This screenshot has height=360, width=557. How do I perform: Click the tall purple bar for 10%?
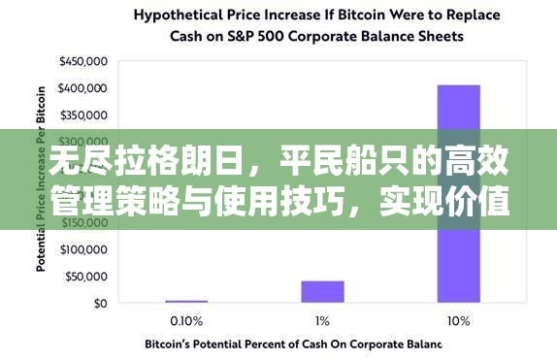[458, 193]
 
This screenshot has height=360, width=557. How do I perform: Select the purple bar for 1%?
[322, 291]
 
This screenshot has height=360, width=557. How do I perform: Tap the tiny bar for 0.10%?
[185, 301]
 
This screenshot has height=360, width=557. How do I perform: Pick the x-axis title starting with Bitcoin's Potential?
[293, 344]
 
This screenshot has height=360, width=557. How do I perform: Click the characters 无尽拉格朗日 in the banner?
[118, 162]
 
